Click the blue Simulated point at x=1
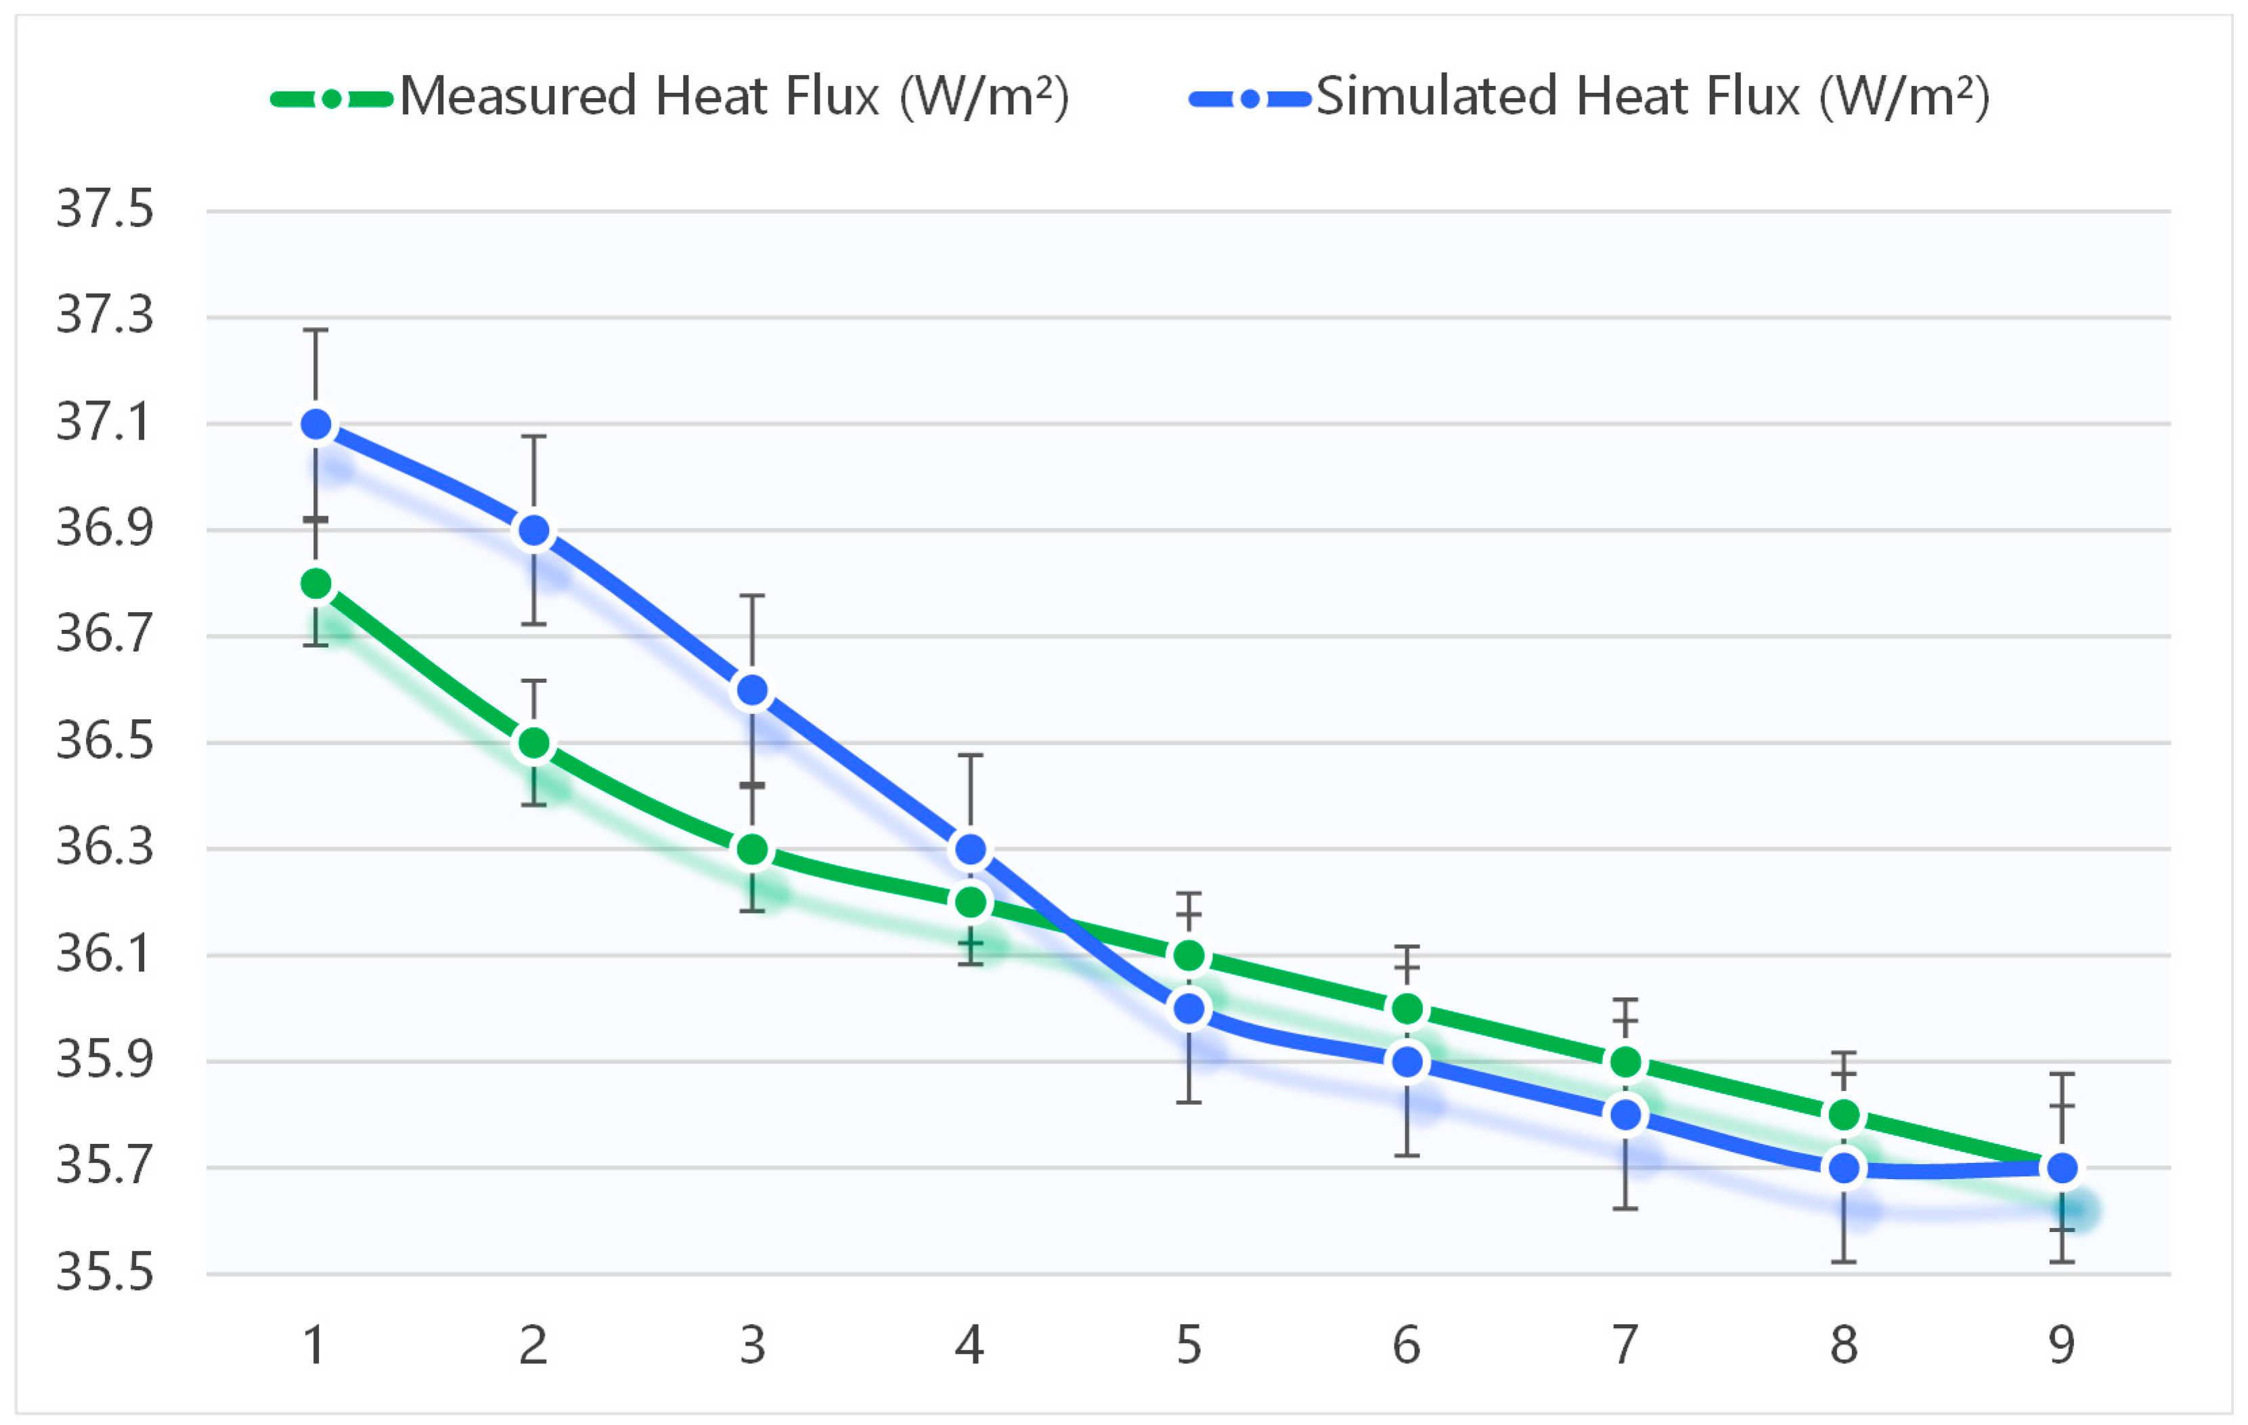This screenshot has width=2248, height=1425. pyautogui.click(x=315, y=425)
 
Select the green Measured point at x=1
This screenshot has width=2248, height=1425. pyautogui.click(x=315, y=584)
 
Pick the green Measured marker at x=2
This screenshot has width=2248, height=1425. pyautogui.click(x=534, y=743)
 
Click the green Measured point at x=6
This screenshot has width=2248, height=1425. pyautogui.click(x=1407, y=1009)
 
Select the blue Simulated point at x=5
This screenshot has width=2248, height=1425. pyautogui.click(x=1189, y=1009)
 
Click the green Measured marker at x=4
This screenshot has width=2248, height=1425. pyautogui.click(x=971, y=902)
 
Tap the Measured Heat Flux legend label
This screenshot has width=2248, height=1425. pyautogui.click(x=734, y=97)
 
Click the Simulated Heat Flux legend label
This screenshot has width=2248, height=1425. pyautogui.click(x=1652, y=97)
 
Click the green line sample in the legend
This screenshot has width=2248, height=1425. pyautogui.click(x=332, y=99)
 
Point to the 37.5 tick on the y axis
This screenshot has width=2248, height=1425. pyautogui.click(x=104, y=209)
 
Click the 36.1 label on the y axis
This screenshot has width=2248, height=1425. pyautogui.click(x=104, y=954)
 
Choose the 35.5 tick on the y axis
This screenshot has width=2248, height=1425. pyautogui.click(x=104, y=1273)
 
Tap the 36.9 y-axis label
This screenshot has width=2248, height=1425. pyautogui.click(x=104, y=528)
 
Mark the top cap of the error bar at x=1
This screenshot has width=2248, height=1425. pyautogui.click(x=315, y=331)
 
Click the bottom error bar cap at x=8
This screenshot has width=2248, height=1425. pyautogui.click(x=1844, y=1262)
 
